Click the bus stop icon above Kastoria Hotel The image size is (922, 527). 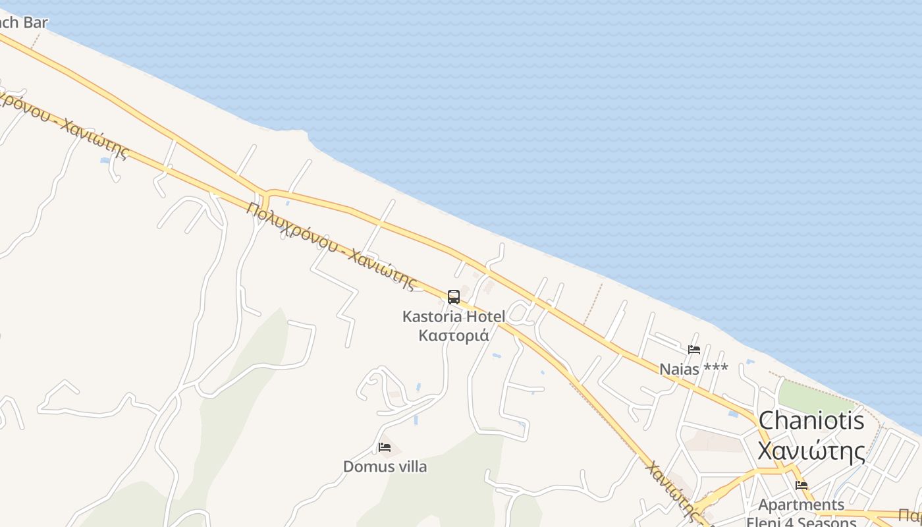[454, 297]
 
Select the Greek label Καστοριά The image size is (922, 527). [454, 335]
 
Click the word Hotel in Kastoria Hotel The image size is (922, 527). [486, 317]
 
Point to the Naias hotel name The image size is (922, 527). [679, 369]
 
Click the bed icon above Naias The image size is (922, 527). [694, 350]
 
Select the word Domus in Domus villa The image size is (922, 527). [364, 467]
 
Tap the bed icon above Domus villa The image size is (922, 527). [385, 447]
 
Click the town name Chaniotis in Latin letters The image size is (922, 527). [811, 421]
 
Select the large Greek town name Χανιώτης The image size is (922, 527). [811, 452]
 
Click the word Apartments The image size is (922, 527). [801, 505]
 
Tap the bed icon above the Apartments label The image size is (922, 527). [801, 485]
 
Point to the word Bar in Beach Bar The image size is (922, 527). [36, 22]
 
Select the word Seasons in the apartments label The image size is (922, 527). [823, 522]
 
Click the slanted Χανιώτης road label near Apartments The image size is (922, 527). [671, 491]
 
